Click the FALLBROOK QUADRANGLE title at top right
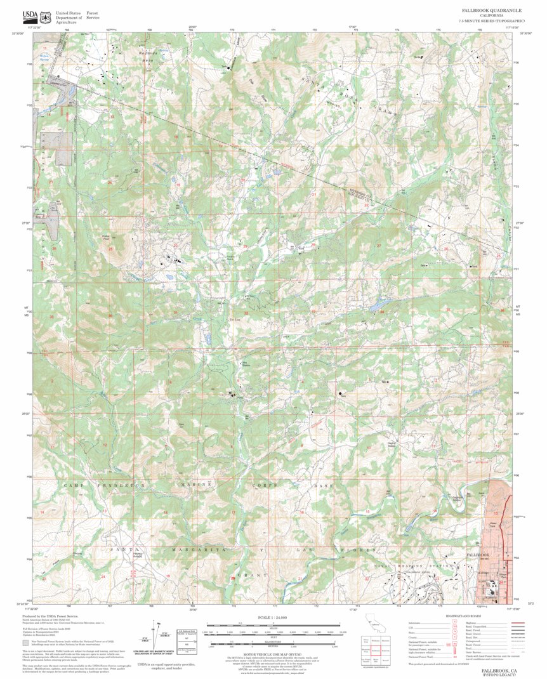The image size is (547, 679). (491, 11)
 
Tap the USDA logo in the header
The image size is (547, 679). (30, 16)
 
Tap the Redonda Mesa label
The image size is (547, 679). (147, 56)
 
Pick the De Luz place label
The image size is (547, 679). (233, 320)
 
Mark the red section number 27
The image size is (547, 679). (379, 246)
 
